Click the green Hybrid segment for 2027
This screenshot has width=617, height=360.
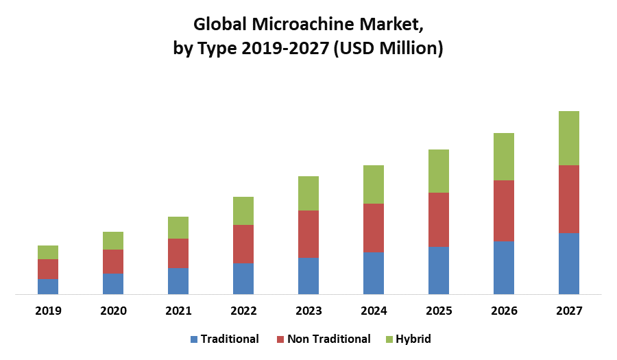click(x=569, y=138)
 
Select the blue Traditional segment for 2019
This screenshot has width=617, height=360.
click(x=48, y=287)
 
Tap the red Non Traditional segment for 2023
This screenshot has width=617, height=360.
click(x=308, y=234)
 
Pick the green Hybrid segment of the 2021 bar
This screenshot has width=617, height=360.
click(x=178, y=228)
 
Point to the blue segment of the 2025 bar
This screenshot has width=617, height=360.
click(x=439, y=270)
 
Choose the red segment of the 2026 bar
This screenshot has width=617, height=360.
click(x=504, y=211)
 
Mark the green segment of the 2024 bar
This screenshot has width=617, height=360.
click(x=374, y=184)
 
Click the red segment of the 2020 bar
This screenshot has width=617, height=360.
click(x=113, y=261)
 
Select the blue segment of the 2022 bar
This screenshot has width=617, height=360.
click(x=243, y=278)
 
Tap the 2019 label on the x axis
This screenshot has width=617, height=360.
click(x=48, y=311)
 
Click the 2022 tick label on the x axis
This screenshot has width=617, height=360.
click(x=243, y=311)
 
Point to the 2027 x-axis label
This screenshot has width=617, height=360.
click(x=569, y=311)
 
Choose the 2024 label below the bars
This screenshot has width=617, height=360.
click(x=374, y=311)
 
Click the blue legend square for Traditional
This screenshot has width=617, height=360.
click(x=193, y=339)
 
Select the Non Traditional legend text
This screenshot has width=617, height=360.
click(x=328, y=339)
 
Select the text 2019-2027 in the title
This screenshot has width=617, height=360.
click(x=285, y=49)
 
